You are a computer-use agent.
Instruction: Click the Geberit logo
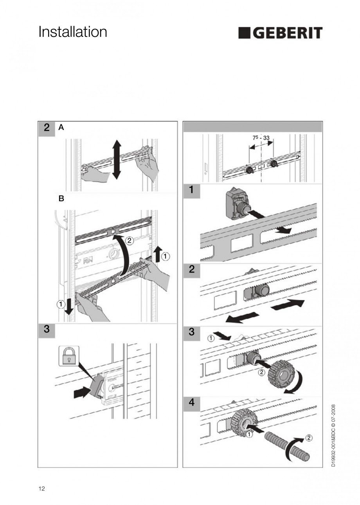coord(280,33)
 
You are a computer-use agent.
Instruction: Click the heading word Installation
coord(72,32)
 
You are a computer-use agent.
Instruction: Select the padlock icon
coord(69,356)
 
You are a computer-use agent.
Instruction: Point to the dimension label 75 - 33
coord(261,137)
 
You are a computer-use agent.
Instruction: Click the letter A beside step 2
coord(61,128)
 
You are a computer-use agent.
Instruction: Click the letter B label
coord(61,198)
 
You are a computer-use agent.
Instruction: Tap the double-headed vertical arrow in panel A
coord(117,159)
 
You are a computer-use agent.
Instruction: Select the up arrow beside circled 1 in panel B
coord(158,254)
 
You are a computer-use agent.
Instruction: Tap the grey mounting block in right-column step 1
coord(237,204)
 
